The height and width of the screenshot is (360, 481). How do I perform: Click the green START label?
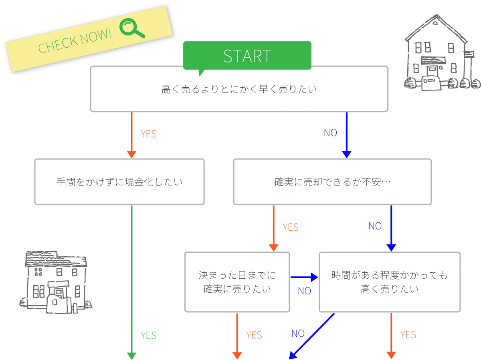point(247,56)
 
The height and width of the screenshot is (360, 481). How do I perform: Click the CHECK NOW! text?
point(75,41)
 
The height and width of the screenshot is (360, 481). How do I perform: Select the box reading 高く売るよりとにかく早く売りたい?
point(239,89)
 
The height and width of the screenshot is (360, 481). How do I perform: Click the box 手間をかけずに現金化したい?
point(119,182)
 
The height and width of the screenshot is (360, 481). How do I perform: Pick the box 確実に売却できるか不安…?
point(332,182)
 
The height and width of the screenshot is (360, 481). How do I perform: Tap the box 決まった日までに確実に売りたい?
point(237,282)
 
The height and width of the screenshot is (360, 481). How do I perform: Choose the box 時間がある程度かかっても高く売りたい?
point(389,282)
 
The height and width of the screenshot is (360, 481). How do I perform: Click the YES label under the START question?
point(148,134)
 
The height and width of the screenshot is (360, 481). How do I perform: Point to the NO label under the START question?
point(330,133)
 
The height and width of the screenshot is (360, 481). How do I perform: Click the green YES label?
point(148,336)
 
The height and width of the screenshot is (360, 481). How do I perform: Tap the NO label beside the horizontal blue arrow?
point(304,291)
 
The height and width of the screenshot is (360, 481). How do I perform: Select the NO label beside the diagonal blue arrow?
point(298,334)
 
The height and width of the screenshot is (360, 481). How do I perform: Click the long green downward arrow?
point(131,280)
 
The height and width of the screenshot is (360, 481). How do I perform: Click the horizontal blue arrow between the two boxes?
point(303,277)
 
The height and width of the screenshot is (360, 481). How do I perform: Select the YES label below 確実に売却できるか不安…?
point(290,227)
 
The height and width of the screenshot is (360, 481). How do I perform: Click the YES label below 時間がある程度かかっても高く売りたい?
point(408,335)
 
